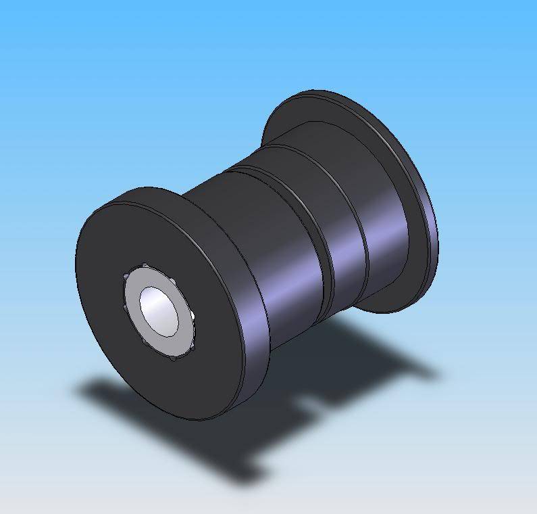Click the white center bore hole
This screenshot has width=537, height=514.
coord(159,310)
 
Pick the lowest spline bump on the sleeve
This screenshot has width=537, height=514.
coord(173,358)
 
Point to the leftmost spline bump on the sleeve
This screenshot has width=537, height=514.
coord(125,277)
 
